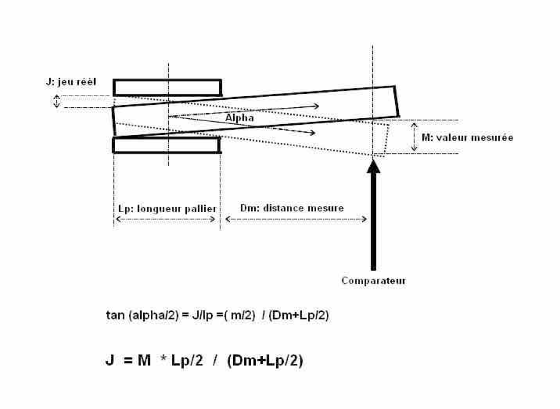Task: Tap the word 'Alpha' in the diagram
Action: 240,118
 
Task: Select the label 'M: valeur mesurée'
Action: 467,138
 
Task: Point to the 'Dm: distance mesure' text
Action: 292,208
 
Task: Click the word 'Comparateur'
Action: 373,281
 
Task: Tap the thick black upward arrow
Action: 373,215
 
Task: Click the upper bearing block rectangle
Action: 167,87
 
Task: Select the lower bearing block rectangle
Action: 166,145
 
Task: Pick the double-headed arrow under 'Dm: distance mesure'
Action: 296,219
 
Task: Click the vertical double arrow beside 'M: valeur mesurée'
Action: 415,137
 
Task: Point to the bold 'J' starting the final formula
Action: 109,360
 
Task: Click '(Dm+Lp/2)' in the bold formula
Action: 265,360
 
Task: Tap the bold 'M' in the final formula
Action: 144,360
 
